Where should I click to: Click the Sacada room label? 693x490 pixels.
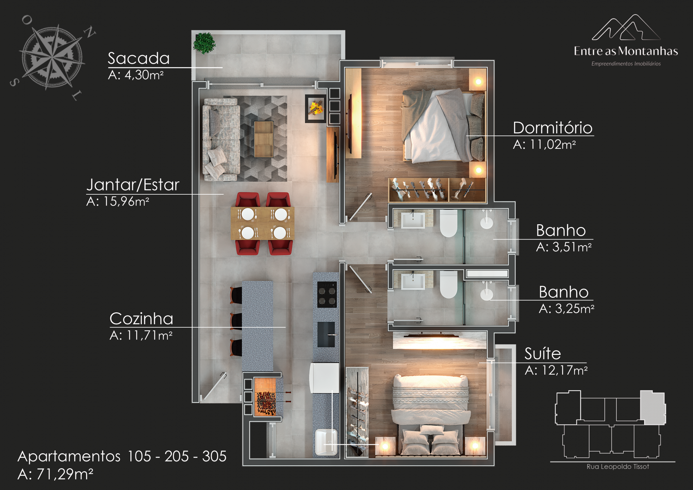pos(138,58)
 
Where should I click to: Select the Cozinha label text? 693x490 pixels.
pos(141,318)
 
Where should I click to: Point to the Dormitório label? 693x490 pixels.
pos(552,128)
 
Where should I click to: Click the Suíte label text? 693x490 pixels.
pos(543,353)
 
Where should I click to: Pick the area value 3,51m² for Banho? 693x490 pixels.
pos(572,247)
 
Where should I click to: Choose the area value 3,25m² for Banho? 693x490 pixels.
pos(575,309)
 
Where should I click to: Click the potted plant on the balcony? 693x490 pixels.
pos(204,43)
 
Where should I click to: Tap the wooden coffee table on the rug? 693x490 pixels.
pos(264,139)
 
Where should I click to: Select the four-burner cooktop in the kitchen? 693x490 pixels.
pos(327,295)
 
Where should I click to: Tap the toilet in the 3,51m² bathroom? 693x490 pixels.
pos(449,223)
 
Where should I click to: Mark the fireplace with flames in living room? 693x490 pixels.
pos(316,109)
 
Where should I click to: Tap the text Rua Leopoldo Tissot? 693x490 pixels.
pos(618,467)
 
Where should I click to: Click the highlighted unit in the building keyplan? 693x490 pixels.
pos(653,407)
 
